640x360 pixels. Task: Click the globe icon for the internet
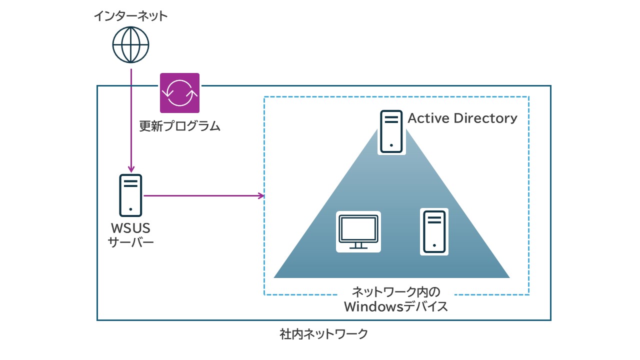point(130,44)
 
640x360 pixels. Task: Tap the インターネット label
point(130,16)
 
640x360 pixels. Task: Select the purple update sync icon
point(179,93)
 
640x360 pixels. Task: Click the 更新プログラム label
point(179,126)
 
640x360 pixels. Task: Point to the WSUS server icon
point(130,195)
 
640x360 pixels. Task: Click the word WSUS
point(130,228)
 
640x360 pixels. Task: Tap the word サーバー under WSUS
point(130,243)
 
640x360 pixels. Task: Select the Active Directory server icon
point(391,131)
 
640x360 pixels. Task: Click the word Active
point(428,118)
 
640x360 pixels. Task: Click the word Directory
point(485,118)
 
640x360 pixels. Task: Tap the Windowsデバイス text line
point(396,306)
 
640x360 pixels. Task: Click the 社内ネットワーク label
point(324,333)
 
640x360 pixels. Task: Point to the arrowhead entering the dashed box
point(261,195)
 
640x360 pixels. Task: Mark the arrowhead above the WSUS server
point(131,168)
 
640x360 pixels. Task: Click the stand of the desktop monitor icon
point(358,245)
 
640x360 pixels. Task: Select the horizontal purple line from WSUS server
point(200,195)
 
